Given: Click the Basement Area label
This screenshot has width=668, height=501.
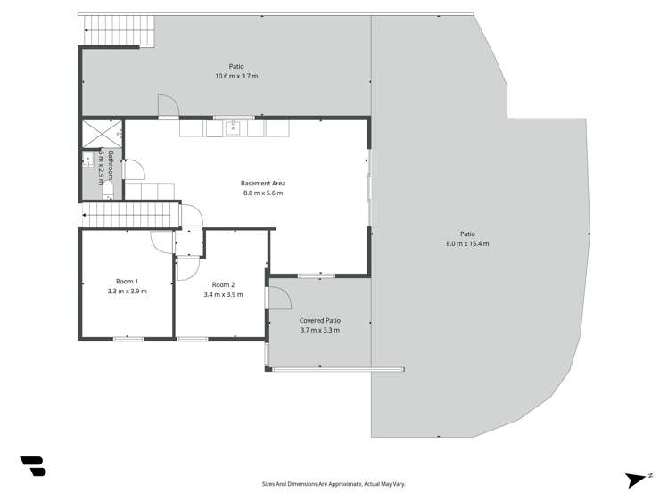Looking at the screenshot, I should (263, 184).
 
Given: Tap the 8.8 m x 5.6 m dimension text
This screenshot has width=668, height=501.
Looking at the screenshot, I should (263, 193).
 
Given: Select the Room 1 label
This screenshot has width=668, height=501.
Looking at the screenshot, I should (127, 281).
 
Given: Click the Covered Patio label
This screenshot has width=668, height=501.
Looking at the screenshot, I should (320, 321).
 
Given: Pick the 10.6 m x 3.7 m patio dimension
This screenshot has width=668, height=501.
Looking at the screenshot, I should (236, 77).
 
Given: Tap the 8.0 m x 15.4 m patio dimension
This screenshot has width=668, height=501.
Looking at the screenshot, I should (467, 243).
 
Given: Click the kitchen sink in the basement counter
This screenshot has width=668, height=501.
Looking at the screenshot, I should (233, 127).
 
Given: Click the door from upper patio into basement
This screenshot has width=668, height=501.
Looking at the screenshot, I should (169, 105).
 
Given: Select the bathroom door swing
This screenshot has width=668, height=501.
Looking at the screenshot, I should (133, 170).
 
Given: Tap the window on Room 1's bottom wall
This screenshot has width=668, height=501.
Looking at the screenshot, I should (128, 338).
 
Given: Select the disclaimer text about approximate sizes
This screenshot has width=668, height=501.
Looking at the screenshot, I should (334, 484).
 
